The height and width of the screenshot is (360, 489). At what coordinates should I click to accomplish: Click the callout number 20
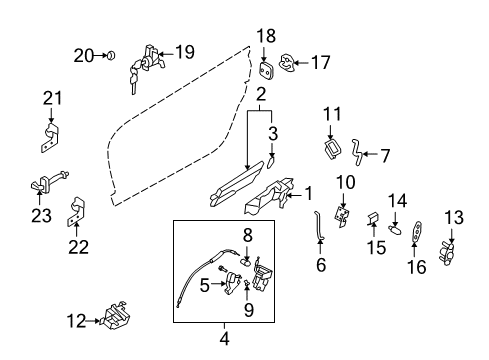(x=85, y=55)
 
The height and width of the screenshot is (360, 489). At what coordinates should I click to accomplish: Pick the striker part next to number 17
(x=288, y=63)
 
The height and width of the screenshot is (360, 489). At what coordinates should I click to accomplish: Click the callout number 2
(x=260, y=95)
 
